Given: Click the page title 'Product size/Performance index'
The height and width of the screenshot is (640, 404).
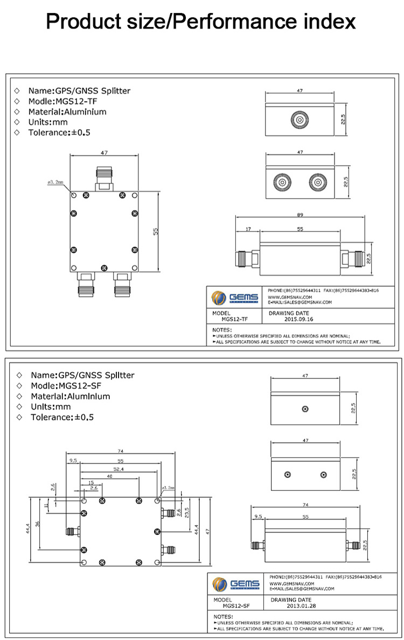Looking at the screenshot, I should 201,22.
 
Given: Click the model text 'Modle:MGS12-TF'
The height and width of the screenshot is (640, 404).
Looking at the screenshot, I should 62,101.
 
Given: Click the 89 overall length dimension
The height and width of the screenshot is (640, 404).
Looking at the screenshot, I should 299,215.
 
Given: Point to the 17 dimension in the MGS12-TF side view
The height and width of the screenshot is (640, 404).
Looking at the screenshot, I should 248,229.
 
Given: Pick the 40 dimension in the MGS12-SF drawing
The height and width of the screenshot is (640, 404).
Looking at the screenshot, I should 110,476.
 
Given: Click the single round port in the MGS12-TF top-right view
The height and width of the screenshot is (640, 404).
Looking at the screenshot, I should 298,119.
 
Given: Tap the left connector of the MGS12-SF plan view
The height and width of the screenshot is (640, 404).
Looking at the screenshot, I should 72,532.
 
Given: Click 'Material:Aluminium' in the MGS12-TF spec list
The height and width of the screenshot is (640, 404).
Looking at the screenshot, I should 67,112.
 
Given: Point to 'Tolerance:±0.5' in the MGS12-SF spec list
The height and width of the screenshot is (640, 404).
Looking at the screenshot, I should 62,417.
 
